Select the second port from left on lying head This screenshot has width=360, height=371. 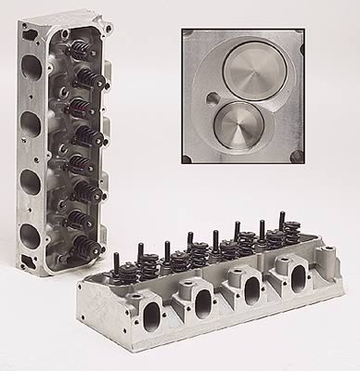click(201, 299)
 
